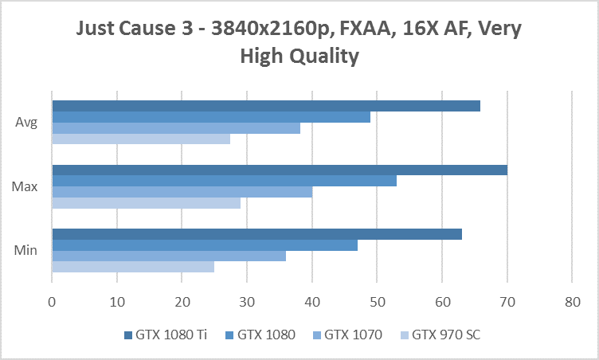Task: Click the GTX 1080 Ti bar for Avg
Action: [x=266, y=106]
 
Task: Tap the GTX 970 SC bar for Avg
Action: [x=141, y=139]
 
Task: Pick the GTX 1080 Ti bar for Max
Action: [x=280, y=170]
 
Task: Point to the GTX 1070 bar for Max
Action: [x=182, y=192]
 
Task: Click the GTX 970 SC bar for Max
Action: [x=146, y=203]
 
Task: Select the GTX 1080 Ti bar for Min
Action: [x=256, y=234]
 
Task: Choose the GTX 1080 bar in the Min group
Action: [x=205, y=245]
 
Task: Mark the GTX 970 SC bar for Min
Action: [x=133, y=267]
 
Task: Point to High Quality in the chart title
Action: [x=299, y=57]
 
